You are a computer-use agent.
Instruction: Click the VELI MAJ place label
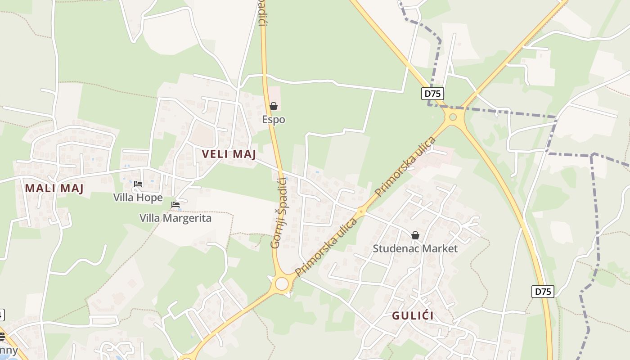(229, 154)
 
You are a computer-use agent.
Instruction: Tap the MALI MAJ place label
(54, 188)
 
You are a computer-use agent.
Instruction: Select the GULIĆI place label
(413, 315)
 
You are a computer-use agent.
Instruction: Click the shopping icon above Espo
(273, 106)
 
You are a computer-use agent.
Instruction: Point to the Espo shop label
(274, 120)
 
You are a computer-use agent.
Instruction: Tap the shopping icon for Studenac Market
(415, 235)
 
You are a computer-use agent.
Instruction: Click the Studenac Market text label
(415, 248)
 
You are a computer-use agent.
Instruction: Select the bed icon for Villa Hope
(138, 184)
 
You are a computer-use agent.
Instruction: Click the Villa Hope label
(138, 198)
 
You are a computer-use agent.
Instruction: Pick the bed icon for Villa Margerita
(175, 205)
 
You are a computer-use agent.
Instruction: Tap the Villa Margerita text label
(175, 218)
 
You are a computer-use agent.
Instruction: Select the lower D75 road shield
(543, 291)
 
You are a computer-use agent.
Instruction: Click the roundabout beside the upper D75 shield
(453, 117)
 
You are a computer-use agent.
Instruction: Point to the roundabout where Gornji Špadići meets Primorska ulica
(282, 284)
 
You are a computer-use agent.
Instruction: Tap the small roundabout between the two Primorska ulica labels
(361, 211)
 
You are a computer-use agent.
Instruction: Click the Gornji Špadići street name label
(279, 213)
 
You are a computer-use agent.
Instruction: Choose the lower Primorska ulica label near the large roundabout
(326, 247)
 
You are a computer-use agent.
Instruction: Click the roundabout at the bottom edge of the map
(186, 358)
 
